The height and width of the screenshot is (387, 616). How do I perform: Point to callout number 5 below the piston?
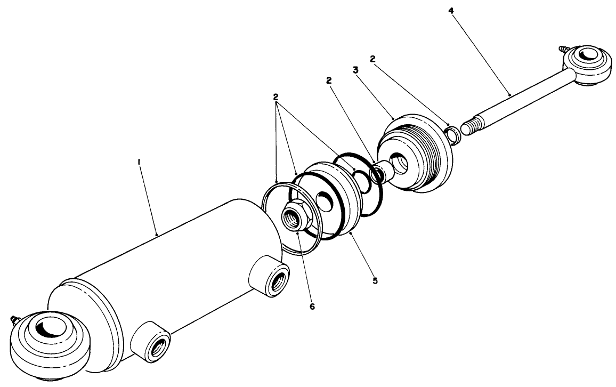[x=375, y=280]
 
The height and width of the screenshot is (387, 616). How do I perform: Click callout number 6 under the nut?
[x=312, y=307]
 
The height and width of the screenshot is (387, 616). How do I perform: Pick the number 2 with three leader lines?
[x=275, y=97]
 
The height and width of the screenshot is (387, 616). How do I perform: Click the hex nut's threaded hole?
[x=290, y=219]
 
